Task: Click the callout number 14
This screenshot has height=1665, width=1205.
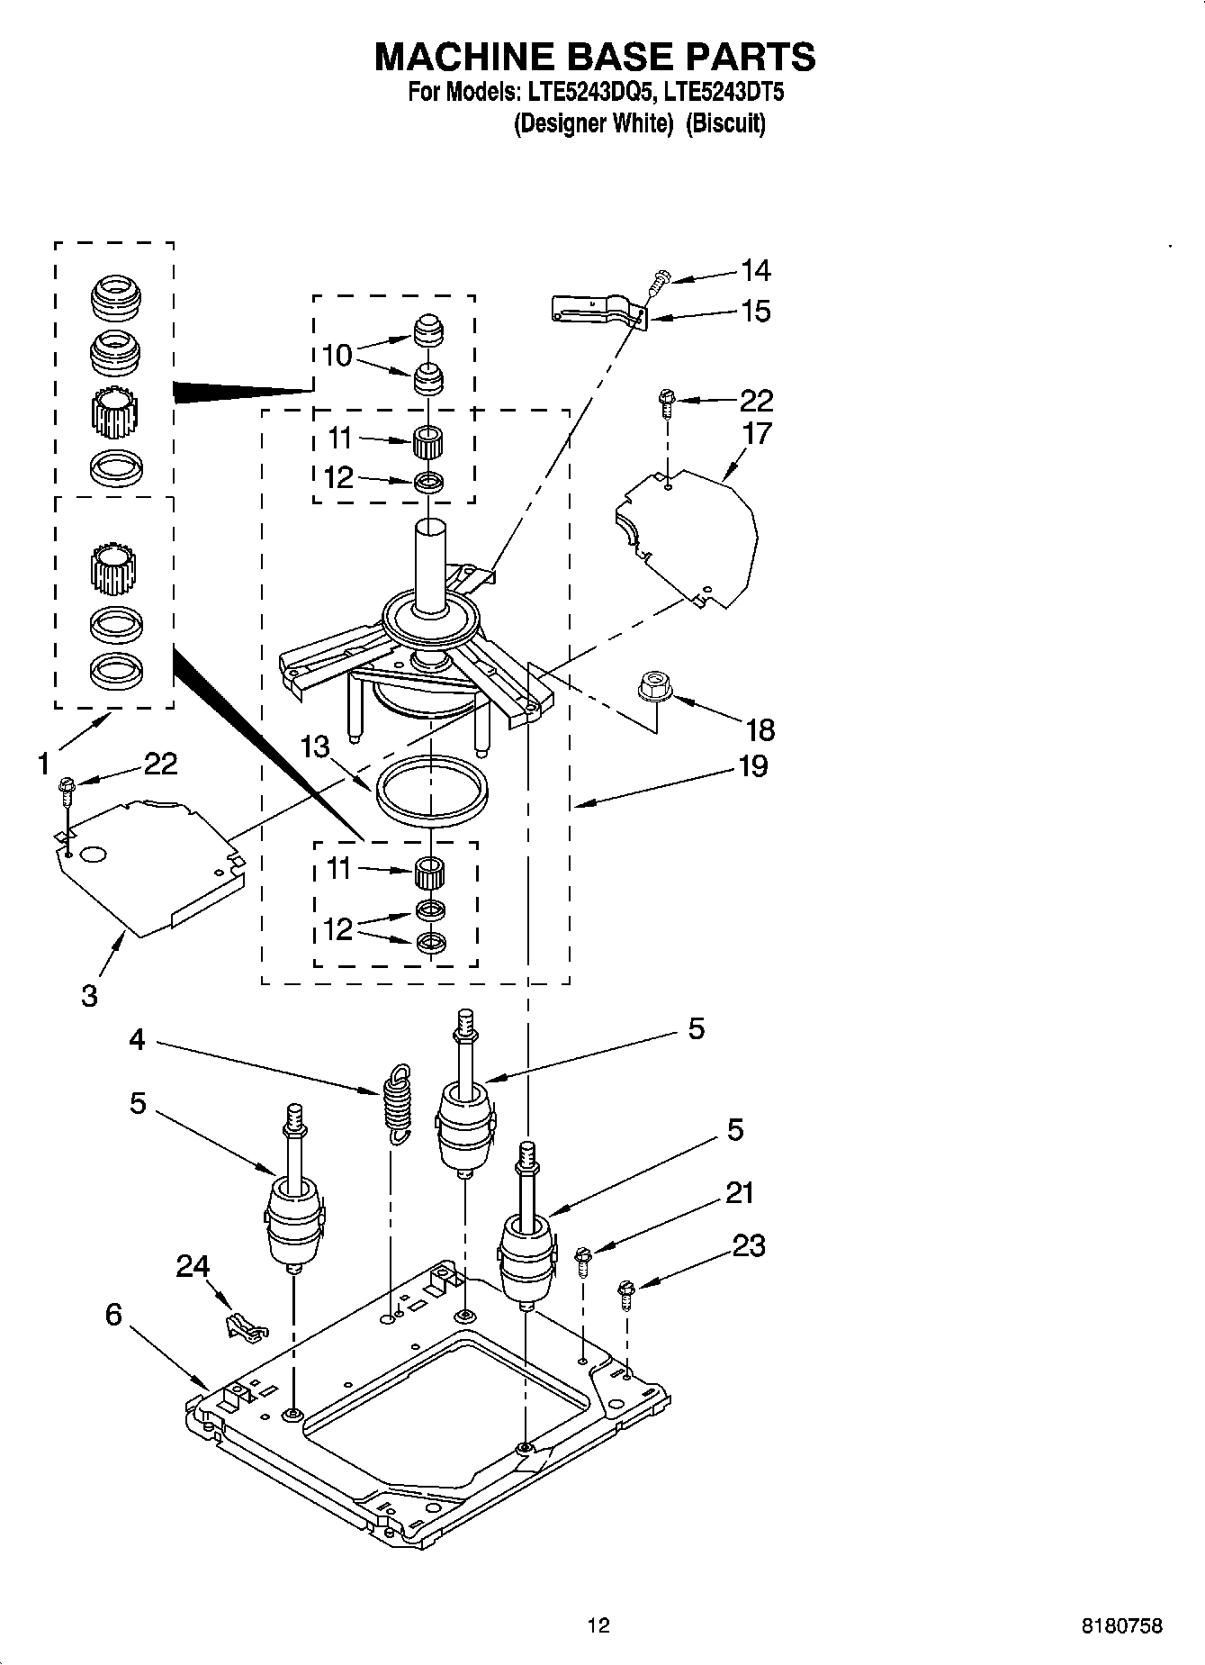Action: (755, 270)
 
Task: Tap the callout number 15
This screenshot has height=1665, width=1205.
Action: (755, 312)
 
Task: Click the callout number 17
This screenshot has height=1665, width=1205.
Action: (757, 433)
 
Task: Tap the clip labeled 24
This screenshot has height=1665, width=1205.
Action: (243, 1326)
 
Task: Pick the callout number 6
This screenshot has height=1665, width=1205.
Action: (113, 1314)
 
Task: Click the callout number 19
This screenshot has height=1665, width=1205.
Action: (752, 766)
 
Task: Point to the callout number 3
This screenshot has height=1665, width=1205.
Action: (89, 996)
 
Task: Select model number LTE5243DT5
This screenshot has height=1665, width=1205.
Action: (717, 92)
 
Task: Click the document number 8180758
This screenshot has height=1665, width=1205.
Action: (1122, 1626)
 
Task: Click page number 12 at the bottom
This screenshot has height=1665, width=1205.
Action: (598, 1625)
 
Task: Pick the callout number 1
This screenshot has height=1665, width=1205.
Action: (42, 764)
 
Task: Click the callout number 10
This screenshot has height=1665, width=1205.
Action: (337, 356)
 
